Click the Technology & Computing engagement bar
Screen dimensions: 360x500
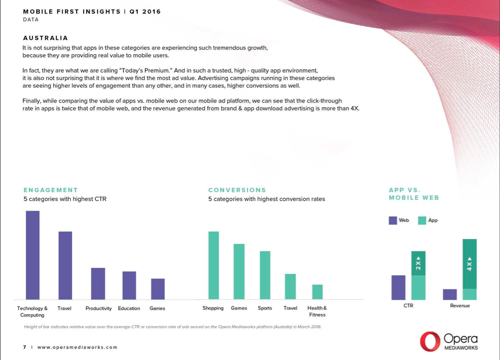coord(32,255)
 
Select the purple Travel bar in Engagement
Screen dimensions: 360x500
coord(65,265)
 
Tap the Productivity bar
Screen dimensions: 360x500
coord(98,283)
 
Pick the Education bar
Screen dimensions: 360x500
coord(129,285)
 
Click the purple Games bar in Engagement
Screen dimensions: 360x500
coord(158,289)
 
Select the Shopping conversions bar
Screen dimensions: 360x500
coord(213,265)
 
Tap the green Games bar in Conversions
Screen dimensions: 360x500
coord(239,271)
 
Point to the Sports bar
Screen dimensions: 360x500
coord(265,275)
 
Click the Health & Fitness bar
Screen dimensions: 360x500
coord(317,292)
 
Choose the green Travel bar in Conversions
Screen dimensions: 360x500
coord(290,286)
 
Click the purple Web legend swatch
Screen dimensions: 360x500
coord(393,220)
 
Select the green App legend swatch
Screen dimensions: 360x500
coord(422,220)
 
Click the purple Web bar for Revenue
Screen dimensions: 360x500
coord(450,294)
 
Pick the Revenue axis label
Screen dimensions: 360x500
coord(460,306)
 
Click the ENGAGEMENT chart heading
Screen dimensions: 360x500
coord(51,190)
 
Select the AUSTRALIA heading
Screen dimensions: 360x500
coord(45,38)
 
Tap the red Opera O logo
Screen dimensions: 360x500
coord(429,342)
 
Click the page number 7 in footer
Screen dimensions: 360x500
coord(24,347)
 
